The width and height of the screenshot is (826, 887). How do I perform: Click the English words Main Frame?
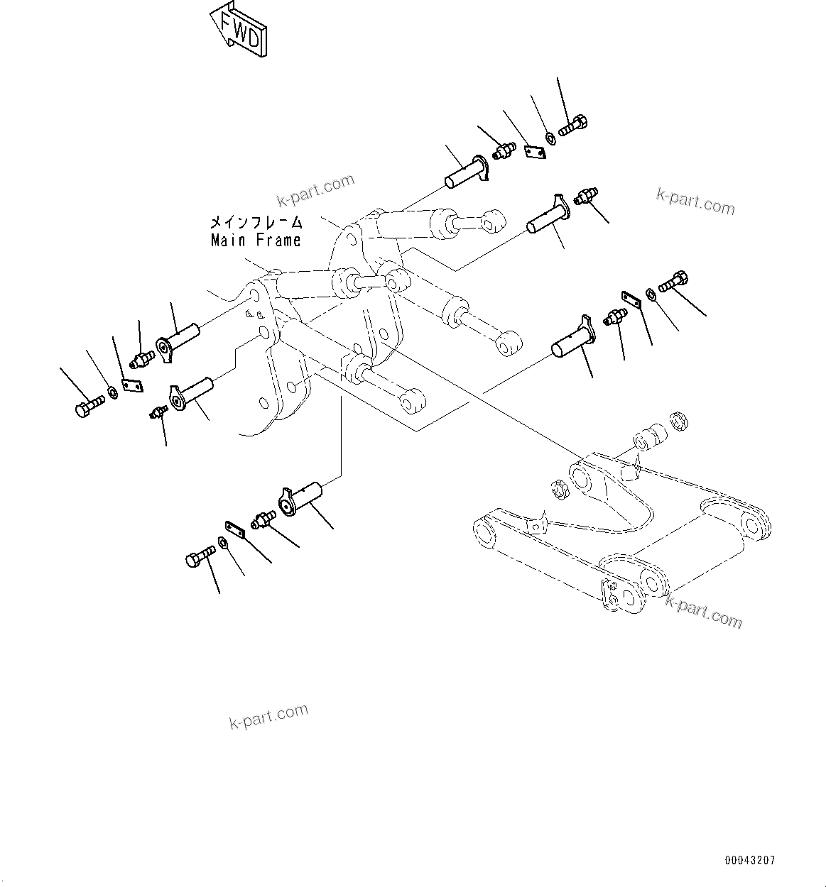[x=256, y=241]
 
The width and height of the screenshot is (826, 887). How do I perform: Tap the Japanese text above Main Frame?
[x=256, y=222]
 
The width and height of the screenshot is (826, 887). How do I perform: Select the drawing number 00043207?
[x=750, y=860]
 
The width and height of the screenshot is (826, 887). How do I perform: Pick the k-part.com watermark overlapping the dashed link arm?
[x=703, y=611]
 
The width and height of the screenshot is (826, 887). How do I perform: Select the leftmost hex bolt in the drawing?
[x=88, y=407]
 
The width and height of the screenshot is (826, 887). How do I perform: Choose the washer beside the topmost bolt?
[x=551, y=136]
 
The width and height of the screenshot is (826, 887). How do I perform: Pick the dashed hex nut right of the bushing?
[x=680, y=420]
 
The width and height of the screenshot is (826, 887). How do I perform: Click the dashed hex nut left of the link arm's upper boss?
[x=558, y=489]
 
